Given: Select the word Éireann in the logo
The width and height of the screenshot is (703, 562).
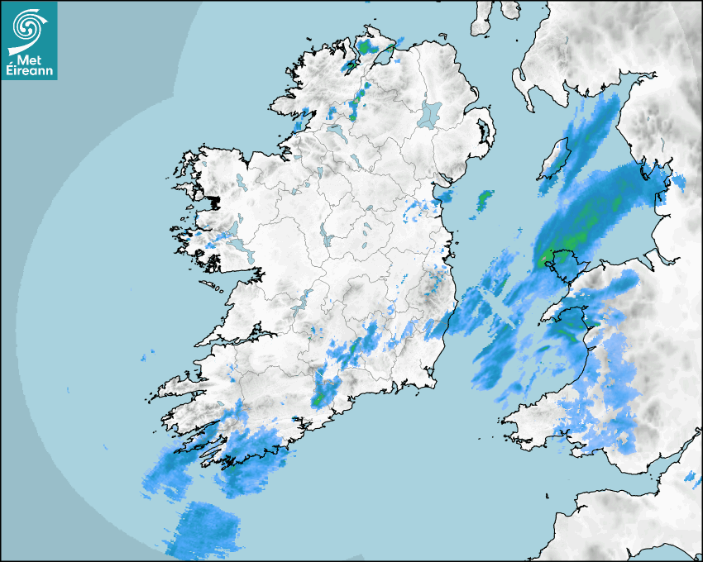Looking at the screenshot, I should tap(31, 72).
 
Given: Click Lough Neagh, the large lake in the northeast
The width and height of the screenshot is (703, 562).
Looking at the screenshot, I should tap(430, 113).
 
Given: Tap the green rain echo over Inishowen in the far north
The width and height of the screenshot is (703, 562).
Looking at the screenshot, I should tap(364, 48).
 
